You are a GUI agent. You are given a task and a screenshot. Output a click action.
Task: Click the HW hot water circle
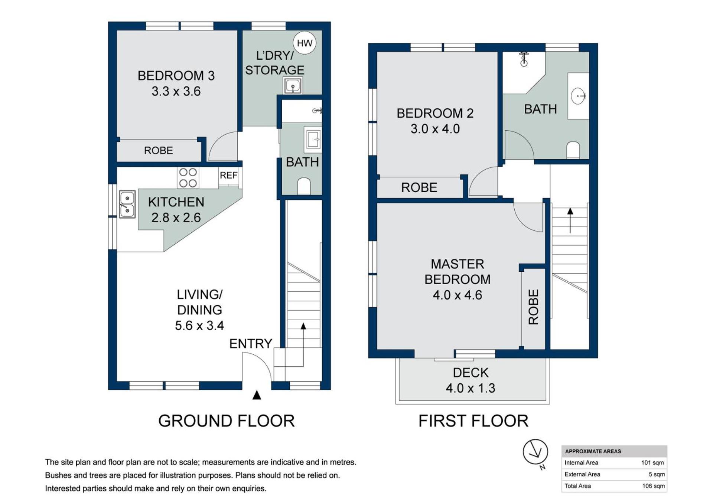tap(305, 43)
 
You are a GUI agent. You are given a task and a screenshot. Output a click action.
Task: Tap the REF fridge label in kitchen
tap(228, 175)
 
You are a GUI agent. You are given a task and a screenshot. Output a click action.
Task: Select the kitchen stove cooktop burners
tap(188, 178)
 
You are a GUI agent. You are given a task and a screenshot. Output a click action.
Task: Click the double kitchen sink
tap(127, 204)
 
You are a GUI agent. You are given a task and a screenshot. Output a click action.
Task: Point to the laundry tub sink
tap(293, 86)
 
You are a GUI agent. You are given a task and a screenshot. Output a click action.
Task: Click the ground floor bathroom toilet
tap(304, 186)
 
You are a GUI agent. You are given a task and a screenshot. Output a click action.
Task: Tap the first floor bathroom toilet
tap(573, 150)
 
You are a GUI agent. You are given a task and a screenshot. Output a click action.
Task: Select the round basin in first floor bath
tap(578, 96)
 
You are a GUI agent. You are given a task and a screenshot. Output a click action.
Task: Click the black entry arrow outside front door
tap(257, 395)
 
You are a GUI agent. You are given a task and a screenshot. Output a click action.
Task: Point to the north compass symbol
tap(535, 453)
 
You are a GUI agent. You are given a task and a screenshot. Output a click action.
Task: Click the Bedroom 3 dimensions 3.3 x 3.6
tap(176, 91)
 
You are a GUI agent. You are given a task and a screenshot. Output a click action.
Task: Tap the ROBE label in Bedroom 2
tap(419, 187)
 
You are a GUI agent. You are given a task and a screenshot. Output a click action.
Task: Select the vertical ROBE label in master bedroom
tap(533, 307)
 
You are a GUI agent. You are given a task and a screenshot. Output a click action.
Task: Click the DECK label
tap(471, 373)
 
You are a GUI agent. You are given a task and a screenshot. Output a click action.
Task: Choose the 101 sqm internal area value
tap(652, 462)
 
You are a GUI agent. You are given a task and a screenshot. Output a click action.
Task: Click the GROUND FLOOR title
tap(227, 421)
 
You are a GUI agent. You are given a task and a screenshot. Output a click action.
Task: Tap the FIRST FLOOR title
tap(473, 421)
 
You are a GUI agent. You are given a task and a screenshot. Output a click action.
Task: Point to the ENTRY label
tap(251, 344)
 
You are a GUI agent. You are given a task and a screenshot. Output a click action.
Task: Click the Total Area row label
tap(577, 486)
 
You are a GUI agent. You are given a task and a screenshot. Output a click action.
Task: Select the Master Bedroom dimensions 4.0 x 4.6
tap(458, 295)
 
